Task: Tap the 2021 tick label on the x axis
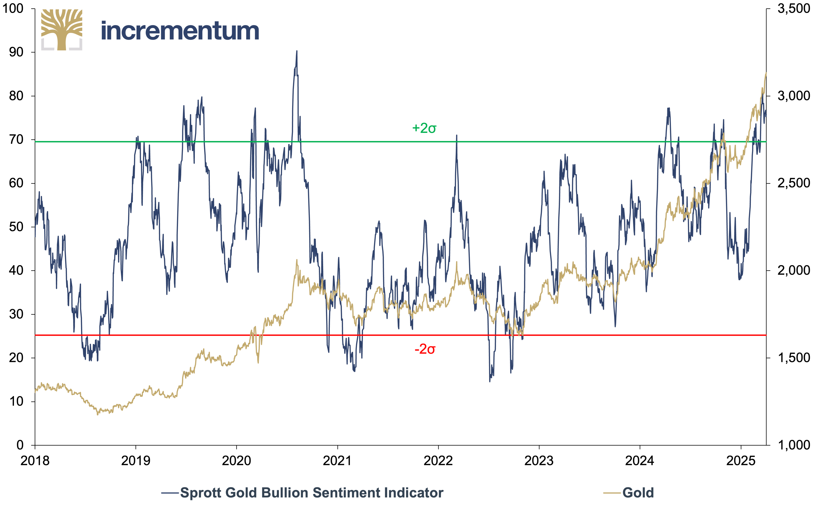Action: [x=337, y=461]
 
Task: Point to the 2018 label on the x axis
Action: [x=35, y=461]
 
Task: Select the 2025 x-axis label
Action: [x=741, y=461]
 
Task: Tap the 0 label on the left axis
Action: [x=20, y=445]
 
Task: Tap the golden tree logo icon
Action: [x=62, y=30]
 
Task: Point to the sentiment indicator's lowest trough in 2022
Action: [x=490, y=382]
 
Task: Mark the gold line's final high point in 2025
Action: [x=766, y=73]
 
